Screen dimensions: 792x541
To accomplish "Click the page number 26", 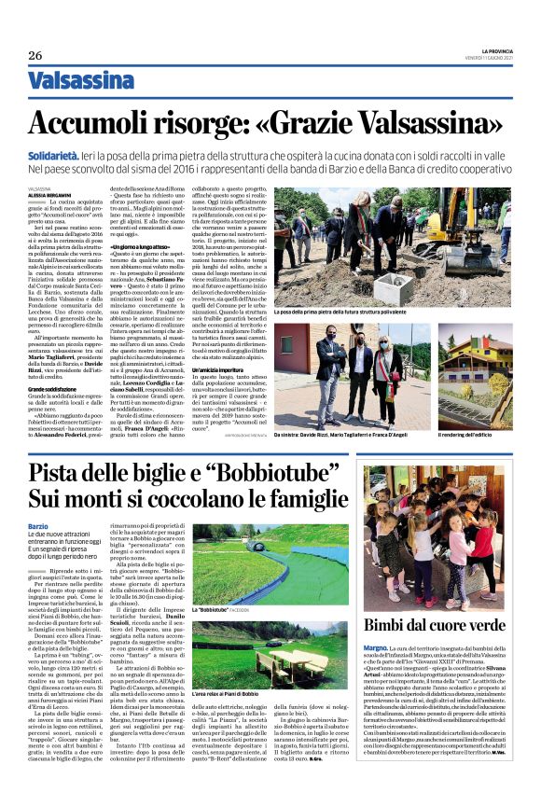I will pyautogui.click(x=35, y=55).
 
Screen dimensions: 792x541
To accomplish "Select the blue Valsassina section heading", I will pyautogui.click(x=81, y=81).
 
